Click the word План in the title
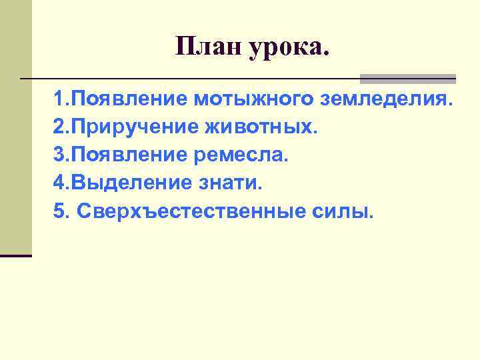(209, 47)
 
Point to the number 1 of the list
(60, 100)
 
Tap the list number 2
(60, 127)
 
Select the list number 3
(60, 155)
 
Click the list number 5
(60, 211)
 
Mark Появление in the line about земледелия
(129, 100)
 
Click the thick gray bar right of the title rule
(408, 78)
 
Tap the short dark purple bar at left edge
(16, 255)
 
